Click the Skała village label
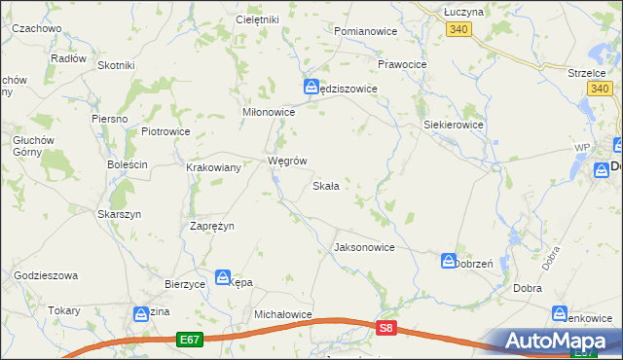click(x=325, y=186)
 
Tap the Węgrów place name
click(x=287, y=161)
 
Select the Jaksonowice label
click(x=364, y=247)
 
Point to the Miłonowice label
click(x=268, y=112)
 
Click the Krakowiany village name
click(x=214, y=167)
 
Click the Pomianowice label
click(x=366, y=31)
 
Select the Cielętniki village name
click(x=257, y=19)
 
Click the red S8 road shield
click(x=387, y=330)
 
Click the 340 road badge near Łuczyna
click(x=460, y=31)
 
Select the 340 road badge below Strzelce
click(x=600, y=90)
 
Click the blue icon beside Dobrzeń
click(x=449, y=261)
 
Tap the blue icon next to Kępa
click(x=223, y=278)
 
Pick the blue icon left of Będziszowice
click(x=311, y=86)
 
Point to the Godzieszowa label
click(x=46, y=275)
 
